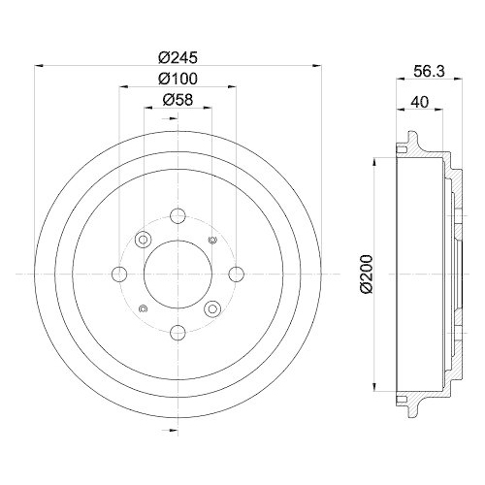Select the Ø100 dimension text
tap(178, 78)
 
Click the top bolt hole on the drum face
tap(178, 215)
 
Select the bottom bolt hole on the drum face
tap(178, 334)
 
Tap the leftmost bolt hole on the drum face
tap(118, 275)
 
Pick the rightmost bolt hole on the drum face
tap(237, 275)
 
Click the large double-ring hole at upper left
tap(144, 240)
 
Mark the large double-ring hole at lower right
tap(211, 309)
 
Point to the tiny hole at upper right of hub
tap(212, 240)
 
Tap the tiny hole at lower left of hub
tap(143, 309)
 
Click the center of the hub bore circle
tap(178, 275)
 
